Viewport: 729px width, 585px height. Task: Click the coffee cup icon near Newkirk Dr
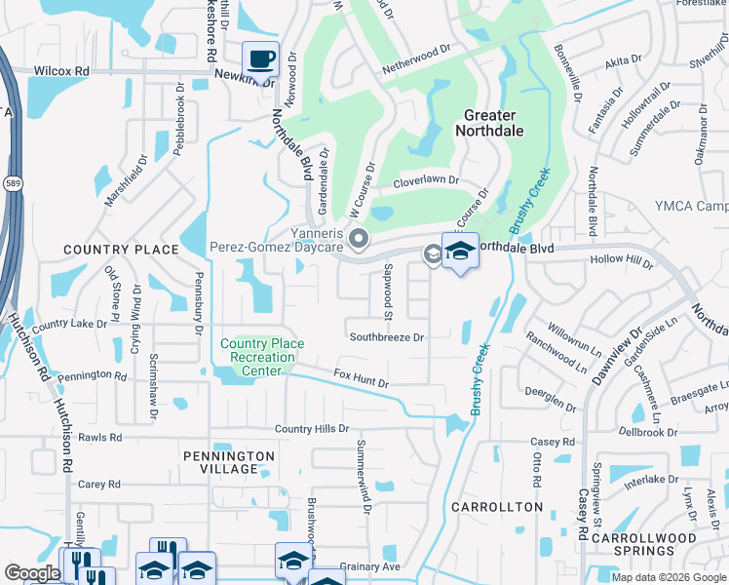click(260, 59)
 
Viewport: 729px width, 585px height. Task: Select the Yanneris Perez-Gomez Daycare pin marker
click(360, 238)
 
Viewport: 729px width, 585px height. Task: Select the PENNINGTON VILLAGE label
click(229, 462)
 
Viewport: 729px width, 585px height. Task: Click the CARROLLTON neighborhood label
click(497, 507)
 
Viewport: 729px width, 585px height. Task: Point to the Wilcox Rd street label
click(61, 71)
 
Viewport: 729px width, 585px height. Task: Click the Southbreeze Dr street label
click(387, 337)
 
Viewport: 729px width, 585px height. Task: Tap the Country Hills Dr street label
click(311, 429)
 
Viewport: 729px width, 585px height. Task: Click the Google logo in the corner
click(32, 573)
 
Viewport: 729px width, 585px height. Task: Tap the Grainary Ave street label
click(370, 566)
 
